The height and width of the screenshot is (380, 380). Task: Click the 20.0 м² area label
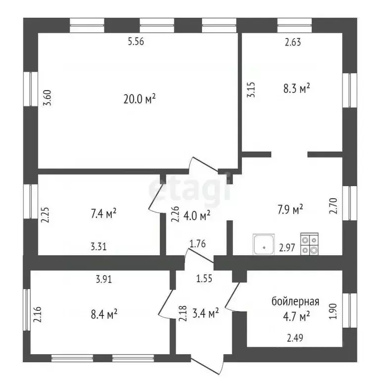click(140, 99)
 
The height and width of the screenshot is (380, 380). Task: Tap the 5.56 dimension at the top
click(136, 42)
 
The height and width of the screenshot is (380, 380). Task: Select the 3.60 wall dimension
click(47, 97)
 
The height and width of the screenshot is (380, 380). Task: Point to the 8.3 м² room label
click(297, 88)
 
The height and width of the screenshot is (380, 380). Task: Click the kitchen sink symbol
click(264, 244)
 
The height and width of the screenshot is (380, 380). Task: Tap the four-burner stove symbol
click(309, 244)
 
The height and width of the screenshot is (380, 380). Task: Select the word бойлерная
click(295, 301)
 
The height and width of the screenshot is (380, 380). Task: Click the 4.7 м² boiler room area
click(297, 316)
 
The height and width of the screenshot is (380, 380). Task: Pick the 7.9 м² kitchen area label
click(290, 209)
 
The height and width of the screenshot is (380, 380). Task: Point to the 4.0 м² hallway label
click(196, 215)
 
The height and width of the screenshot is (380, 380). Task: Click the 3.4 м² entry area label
click(205, 313)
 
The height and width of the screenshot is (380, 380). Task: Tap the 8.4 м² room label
click(104, 315)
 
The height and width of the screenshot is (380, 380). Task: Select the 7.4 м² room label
click(103, 213)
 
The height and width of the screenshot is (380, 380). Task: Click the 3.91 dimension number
click(104, 280)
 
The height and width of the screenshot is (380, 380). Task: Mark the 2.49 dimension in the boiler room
click(295, 337)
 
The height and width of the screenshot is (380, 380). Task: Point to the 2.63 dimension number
click(293, 42)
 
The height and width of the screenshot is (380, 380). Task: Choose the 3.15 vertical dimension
click(251, 90)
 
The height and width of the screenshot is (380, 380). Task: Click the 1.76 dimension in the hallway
click(197, 243)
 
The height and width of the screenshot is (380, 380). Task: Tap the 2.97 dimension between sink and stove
click(287, 248)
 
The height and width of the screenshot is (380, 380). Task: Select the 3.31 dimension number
click(98, 247)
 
